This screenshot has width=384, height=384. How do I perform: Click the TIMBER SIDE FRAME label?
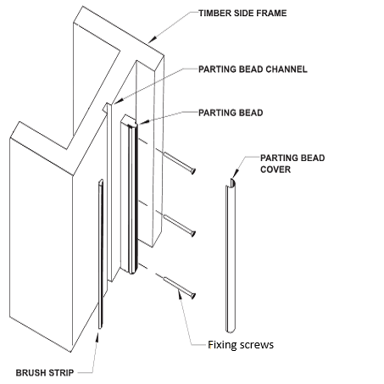coord(242,14)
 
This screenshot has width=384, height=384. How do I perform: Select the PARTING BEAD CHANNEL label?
coord(253,70)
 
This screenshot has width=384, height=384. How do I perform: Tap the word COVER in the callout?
coord(275,170)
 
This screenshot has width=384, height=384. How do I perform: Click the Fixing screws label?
coord(241,345)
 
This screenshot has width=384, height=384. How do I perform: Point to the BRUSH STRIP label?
coord(45,373)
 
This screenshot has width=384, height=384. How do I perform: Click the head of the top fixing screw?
coord(193,170)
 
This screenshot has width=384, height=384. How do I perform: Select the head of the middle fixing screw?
coord(193,233)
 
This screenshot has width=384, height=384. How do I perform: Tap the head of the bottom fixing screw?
coord(193,296)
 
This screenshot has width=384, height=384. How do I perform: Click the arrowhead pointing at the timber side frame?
coord(152,39)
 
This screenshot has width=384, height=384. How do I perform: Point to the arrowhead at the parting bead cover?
coord(236,174)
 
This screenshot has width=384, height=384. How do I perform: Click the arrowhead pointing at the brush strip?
coord(97,337)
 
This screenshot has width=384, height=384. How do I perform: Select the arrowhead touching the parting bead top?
coord(142,122)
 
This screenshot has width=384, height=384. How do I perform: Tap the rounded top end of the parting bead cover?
coord(232,182)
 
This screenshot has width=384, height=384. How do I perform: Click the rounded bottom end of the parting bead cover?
coord(231,331)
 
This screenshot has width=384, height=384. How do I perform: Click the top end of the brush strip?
coord(101,181)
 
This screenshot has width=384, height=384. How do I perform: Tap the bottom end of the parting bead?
coord(132,272)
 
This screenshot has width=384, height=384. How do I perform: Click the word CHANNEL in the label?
coord(287,70)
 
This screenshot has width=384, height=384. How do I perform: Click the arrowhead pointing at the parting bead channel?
coord(119,101)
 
